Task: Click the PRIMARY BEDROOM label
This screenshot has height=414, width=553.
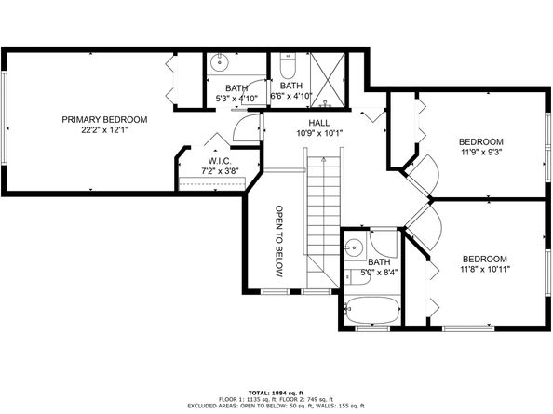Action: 104,119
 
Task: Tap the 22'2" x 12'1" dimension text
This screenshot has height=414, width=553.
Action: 104,130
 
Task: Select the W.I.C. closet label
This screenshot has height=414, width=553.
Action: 222,161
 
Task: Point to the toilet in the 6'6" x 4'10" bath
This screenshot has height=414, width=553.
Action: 287,68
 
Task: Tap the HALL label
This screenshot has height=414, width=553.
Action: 319,122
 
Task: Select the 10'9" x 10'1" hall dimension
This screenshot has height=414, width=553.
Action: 319,133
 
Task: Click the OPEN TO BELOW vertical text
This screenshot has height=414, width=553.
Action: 277,241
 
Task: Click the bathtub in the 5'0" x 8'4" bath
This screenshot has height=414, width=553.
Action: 371,310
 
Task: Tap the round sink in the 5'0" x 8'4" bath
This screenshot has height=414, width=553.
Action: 353,248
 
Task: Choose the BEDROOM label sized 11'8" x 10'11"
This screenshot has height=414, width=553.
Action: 484,259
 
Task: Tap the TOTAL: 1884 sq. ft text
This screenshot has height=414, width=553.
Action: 276,393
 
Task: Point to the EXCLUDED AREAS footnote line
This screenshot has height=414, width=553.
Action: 276,407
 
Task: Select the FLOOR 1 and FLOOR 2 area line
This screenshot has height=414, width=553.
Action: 276,399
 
